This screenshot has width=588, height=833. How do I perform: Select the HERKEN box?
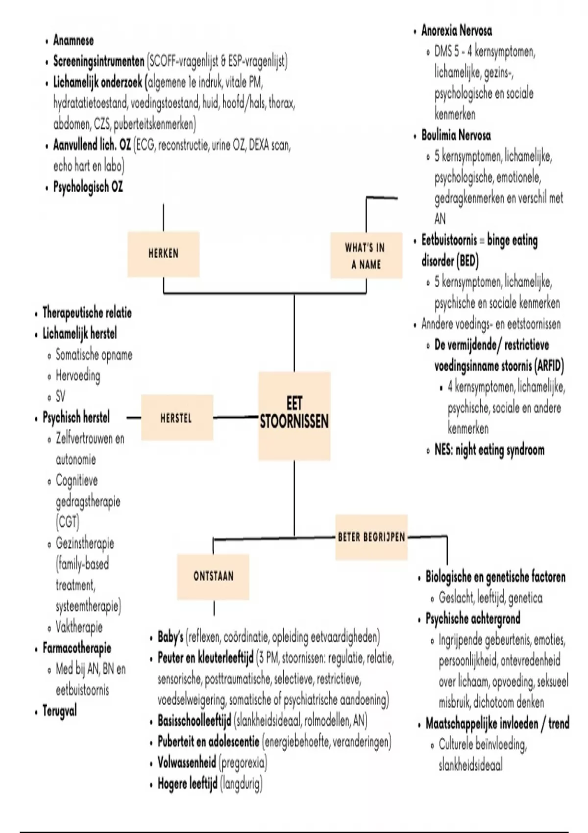click(x=163, y=254)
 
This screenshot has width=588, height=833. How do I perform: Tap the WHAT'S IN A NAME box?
click(x=366, y=256)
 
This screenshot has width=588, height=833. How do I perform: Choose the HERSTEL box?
click(x=176, y=418)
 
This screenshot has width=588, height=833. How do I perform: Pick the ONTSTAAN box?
click(x=213, y=576)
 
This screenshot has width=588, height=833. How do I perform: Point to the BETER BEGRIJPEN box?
click(x=371, y=537)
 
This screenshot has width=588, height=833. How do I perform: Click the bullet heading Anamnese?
click(x=73, y=40)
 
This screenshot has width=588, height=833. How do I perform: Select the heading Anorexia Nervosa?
click(x=456, y=31)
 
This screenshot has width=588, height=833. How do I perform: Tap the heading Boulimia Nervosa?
click(x=456, y=136)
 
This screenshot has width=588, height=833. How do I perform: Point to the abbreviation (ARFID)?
click(x=549, y=366)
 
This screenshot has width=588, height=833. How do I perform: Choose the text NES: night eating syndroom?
click(x=489, y=450)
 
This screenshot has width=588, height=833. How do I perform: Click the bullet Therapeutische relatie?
click(x=87, y=313)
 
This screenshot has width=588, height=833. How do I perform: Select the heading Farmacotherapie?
click(x=76, y=648)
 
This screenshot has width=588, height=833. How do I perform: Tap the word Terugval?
click(x=59, y=711)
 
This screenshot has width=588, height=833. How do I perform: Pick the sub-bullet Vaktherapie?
click(x=79, y=627)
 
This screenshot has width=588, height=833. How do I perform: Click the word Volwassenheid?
click(x=186, y=762)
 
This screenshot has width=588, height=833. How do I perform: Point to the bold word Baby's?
click(x=170, y=637)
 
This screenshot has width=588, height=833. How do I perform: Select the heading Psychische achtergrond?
click(x=472, y=619)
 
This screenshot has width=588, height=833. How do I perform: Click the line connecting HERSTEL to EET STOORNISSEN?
click(x=236, y=417)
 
